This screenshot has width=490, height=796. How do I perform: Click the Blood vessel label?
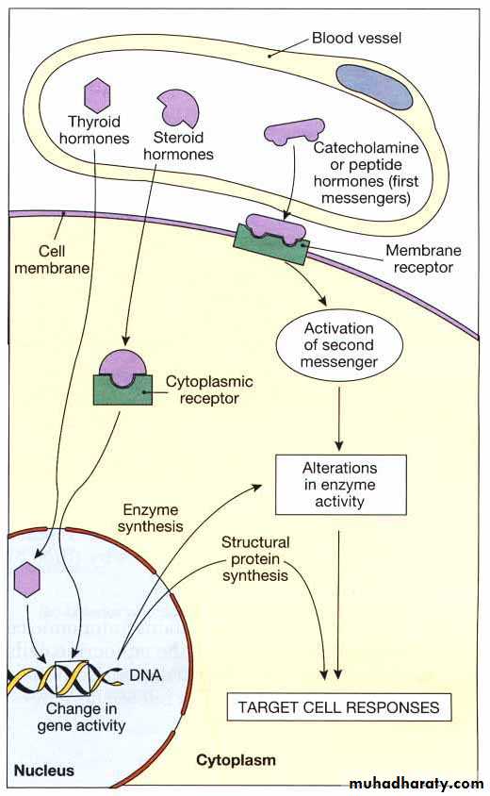coord(356,38)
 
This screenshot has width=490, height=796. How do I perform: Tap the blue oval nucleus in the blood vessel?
coord(374,87)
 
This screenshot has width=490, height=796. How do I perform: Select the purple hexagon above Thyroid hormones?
coord(97,95)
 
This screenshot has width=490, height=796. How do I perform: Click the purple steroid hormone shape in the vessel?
coord(178,108)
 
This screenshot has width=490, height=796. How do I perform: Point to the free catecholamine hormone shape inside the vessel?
coord(294,132)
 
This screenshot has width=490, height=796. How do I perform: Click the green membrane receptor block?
coord(270,243)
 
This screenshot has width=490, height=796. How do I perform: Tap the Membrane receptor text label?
coord(423,258)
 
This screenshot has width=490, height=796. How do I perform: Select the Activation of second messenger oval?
coord(339,345)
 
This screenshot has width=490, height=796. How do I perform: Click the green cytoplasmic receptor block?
coord(122,390)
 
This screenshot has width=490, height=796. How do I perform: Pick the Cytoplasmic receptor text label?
coord(209,390)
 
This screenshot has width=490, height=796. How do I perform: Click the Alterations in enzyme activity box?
coord(340,485)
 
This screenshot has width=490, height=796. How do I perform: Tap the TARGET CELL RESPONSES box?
coord(339,706)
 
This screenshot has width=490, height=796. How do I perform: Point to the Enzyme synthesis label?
coord(150,518)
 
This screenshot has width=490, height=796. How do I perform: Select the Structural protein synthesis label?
coord(255,559)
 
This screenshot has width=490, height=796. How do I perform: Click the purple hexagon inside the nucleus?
coord(27,579)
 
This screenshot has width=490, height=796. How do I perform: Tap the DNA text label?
coord(146,675)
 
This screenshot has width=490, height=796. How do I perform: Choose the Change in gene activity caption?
coord(81,717)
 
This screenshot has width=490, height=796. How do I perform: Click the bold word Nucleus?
coord(44,771)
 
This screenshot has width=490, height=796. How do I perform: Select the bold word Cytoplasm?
coord(236,760)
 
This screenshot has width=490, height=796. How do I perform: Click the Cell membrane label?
coord(52,259)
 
